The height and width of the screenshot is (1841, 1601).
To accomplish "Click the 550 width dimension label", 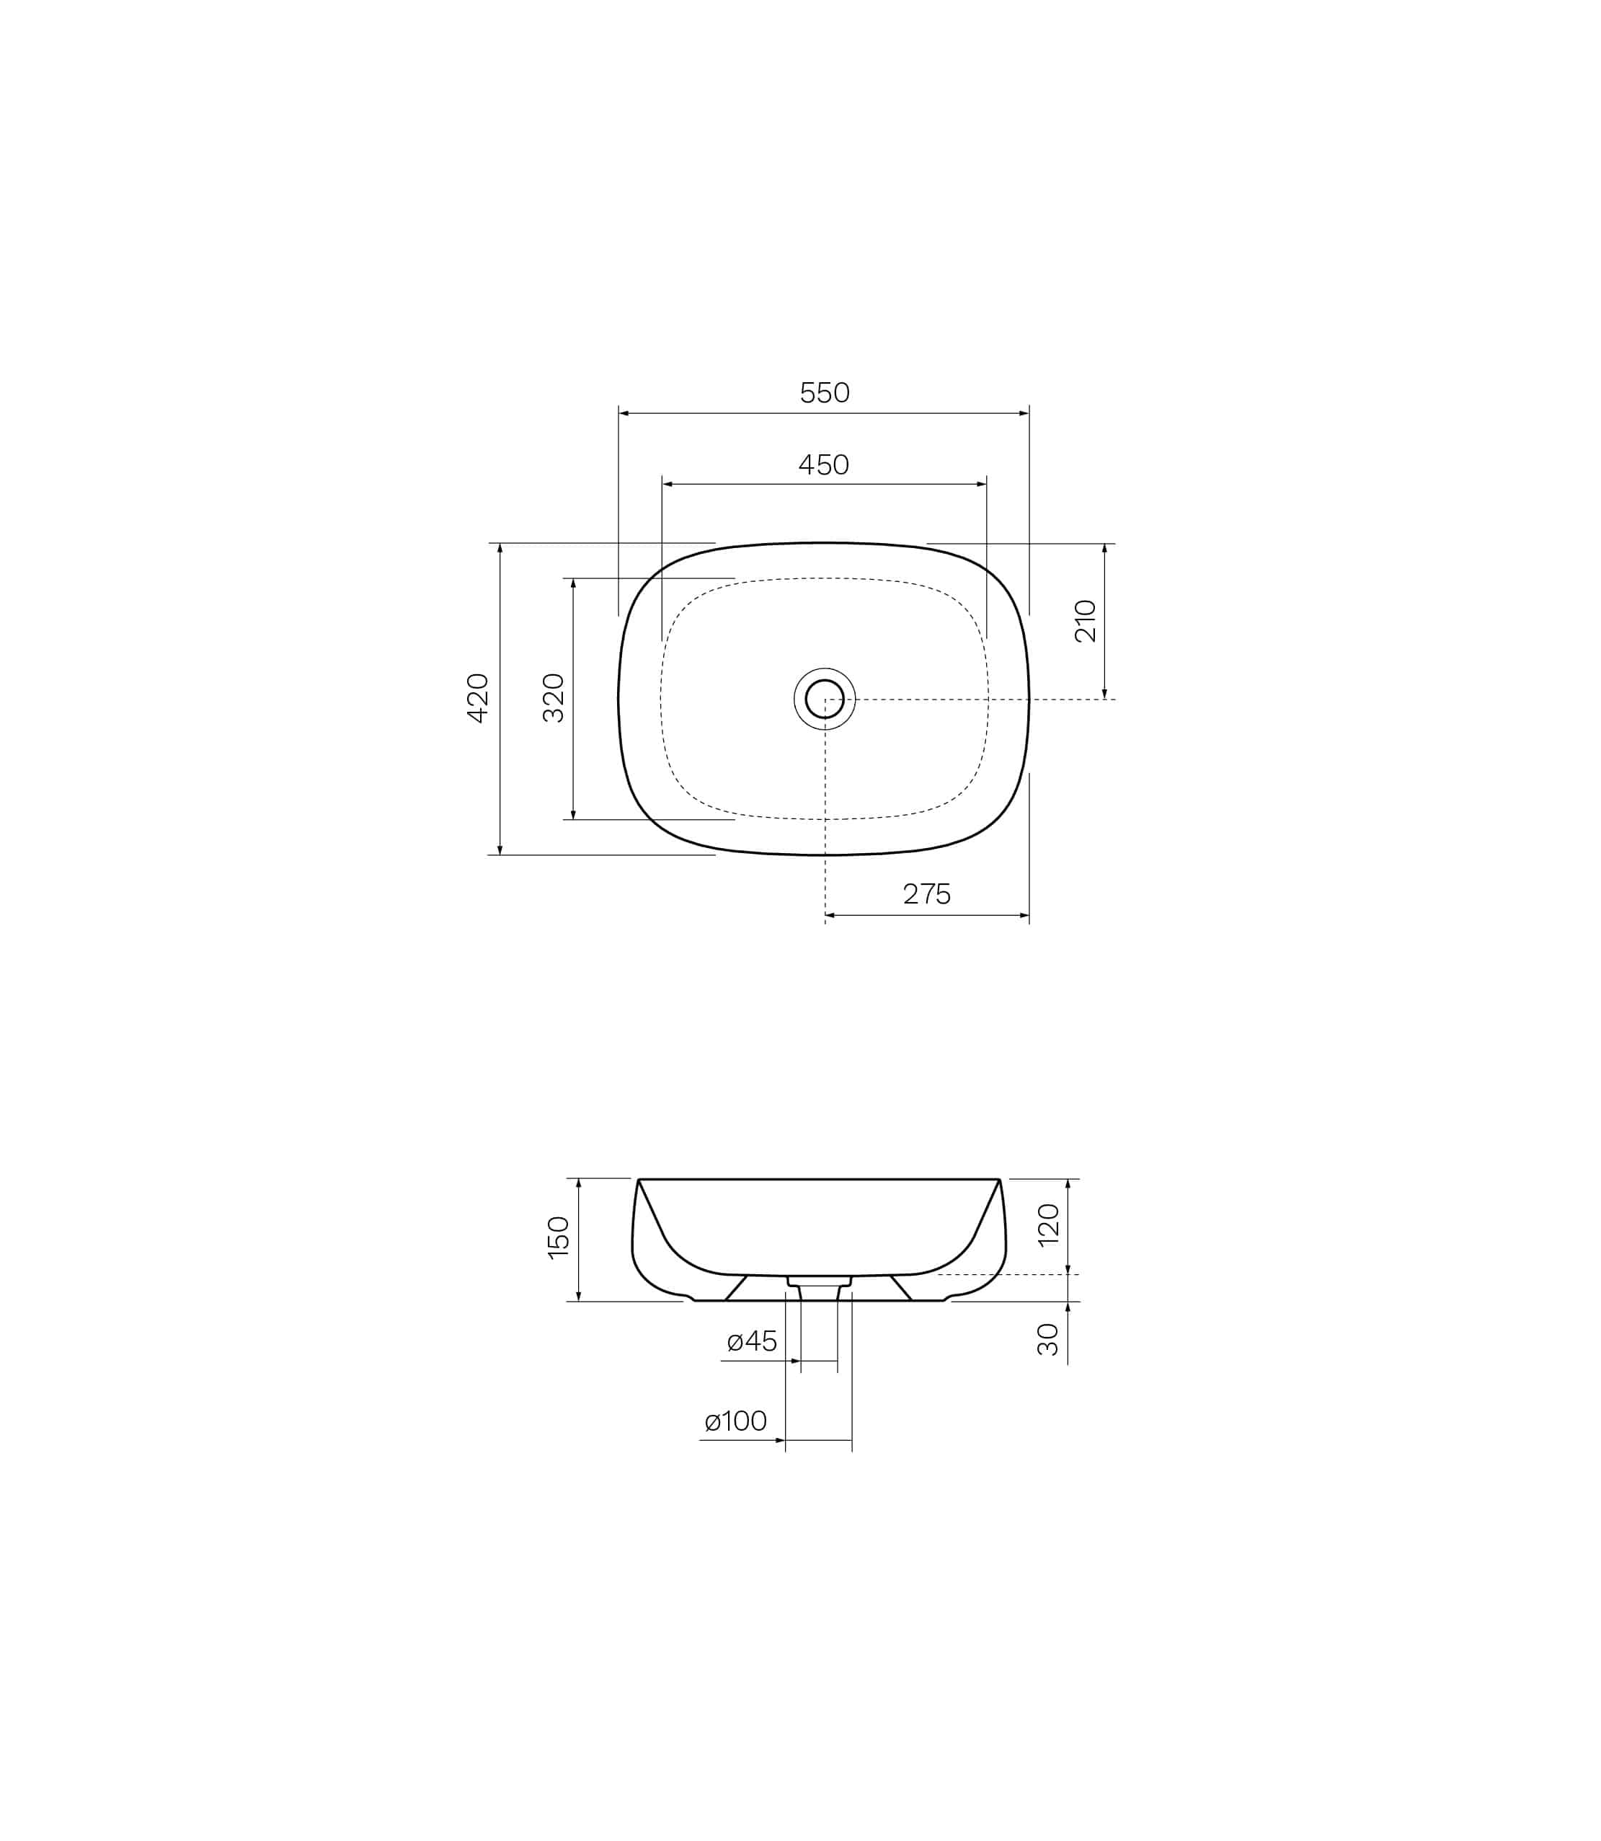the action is (x=824, y=392).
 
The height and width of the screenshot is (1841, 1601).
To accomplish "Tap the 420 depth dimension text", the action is (x=478, y=698).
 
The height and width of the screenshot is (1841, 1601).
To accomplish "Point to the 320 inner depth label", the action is (x=554, y=698).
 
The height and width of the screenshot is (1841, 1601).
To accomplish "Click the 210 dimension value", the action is (x=1086, y=621).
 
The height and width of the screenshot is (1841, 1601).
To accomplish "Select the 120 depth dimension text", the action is (x=1049, y=1224).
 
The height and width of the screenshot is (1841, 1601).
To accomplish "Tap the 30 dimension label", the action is (x=1048, y=1340).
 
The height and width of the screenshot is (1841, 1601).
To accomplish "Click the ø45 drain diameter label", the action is (x=753, y=1341).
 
